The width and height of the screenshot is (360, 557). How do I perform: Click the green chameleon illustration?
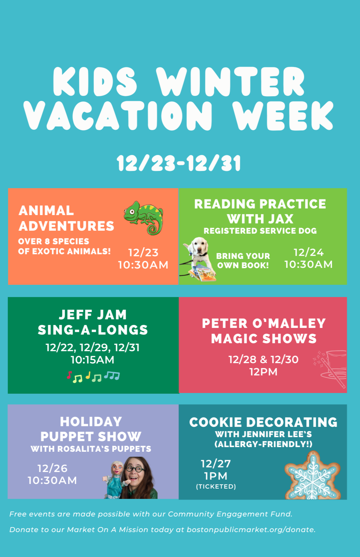pos(143,217)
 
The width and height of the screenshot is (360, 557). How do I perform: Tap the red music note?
pos(69,375)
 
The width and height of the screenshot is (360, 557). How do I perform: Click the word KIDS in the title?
pos(95,82)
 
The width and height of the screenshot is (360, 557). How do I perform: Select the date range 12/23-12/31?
pos(179,163)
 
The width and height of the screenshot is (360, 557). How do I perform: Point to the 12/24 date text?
pos(309,252)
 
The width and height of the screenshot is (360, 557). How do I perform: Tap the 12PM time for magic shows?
pos(263,372)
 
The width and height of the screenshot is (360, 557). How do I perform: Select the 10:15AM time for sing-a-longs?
pos(93,360)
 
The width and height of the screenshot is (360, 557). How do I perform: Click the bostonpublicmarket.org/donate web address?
pos(251,530)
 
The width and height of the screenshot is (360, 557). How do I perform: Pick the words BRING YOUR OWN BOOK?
pos(243,261)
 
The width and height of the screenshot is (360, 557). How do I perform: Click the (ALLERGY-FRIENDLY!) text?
pos(263,444)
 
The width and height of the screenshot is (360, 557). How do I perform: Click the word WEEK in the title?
pos(283,116)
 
